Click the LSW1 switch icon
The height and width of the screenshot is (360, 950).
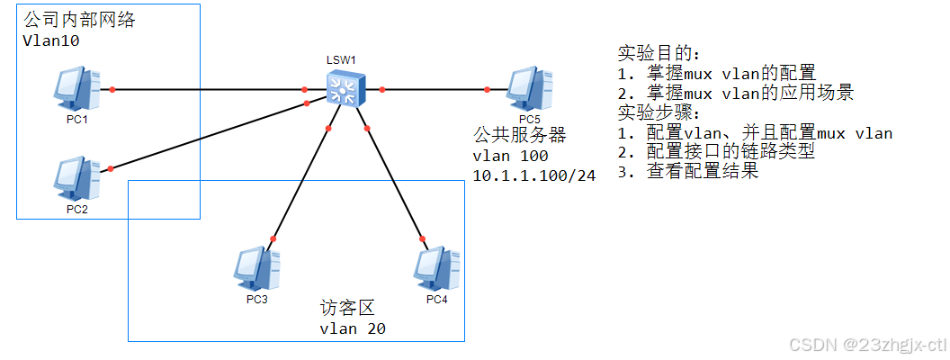coord(342,89)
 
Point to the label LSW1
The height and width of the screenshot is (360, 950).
coord(342,59)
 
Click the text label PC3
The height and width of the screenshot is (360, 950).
coord(256,299)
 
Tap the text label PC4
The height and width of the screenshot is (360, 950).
coord(436,299)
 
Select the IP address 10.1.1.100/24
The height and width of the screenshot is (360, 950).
coord(534,175)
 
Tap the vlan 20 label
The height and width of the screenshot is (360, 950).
coord(353,328)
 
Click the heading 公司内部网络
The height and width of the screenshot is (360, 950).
coord(79,20)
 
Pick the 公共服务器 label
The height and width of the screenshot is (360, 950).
coord(519,135)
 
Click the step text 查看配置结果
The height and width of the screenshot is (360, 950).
coord(702,172)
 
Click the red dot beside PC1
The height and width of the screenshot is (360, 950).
coord(112,89)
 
